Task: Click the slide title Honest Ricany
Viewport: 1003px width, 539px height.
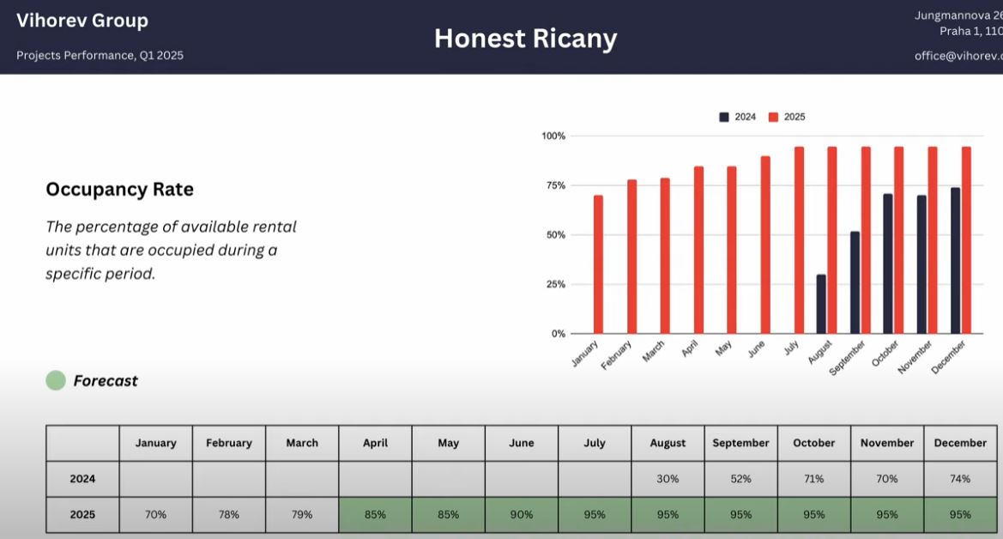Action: (525, 39)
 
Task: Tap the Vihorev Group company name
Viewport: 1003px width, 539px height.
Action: (82, 21)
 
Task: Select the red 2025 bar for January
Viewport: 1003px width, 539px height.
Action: (598, 264)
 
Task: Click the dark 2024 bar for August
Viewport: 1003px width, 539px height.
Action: (821, 304)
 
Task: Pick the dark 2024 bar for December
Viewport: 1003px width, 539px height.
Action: (955, 260)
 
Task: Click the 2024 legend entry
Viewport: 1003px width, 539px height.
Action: (738, 118)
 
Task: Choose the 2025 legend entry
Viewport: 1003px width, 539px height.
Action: (787, 118)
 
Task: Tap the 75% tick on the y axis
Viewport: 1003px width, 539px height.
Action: (553, 185)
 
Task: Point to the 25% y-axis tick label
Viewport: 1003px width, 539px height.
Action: (553, 284)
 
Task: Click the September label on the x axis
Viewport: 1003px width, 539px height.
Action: (848, 357)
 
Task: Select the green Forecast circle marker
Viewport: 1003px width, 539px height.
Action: (56, 381)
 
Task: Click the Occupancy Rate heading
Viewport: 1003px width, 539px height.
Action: (119, 190)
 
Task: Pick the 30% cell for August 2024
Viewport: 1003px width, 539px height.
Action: (668, 479)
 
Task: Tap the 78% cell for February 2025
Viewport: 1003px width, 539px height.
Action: (229, 515)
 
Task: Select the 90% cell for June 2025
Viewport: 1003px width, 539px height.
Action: (521, 515)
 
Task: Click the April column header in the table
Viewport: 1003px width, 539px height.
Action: (375, 443)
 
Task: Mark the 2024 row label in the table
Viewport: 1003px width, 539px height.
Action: (82, 479)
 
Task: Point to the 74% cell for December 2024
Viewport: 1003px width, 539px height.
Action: (960, 479)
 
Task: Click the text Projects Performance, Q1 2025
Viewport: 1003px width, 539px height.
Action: (100, 56)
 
